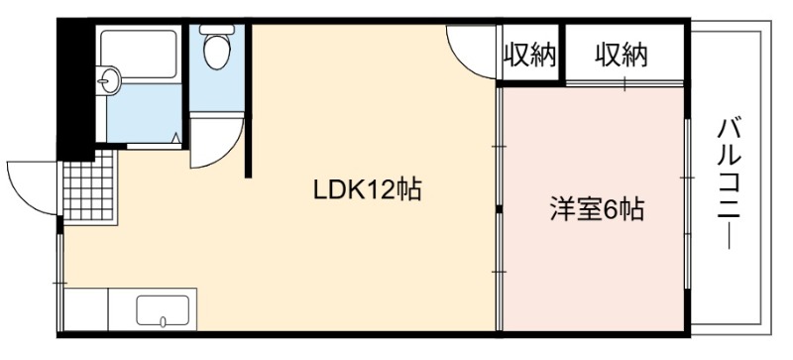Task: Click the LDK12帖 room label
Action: point(368,190)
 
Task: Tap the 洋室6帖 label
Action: point(598,209)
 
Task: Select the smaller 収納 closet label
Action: point(529,56)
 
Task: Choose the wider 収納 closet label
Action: point(622,56)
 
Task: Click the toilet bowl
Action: point(217,52)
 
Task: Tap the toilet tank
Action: point(217,30)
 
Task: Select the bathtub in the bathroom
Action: point(139,54)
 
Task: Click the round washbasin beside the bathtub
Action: point(108,80)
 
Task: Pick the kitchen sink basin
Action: point(163,310)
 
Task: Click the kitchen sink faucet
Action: point(163,321)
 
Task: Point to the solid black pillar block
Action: point(76,89)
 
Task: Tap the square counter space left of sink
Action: point(86,309)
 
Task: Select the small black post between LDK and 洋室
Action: point(500,209)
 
